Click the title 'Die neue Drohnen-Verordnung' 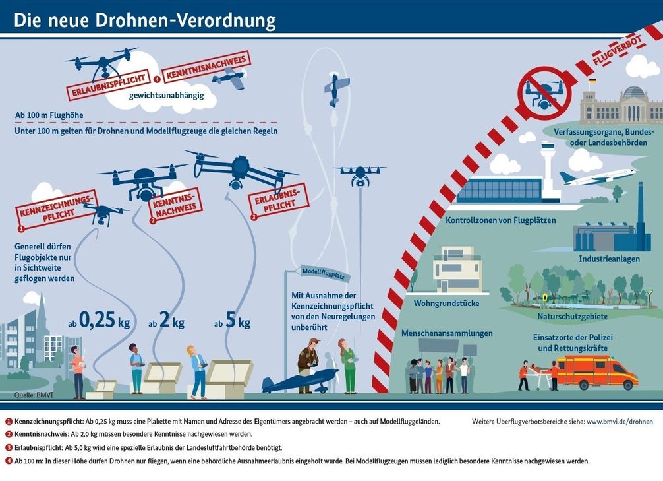coord(144,20)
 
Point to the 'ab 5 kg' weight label coord(232,322)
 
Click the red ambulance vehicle coord(596,371)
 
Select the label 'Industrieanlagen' coord(609,259)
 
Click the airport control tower coord(546,168)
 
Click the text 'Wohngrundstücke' coord(446,303)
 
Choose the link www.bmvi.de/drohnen coord(619,421)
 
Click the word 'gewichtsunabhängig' coord(166,95)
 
